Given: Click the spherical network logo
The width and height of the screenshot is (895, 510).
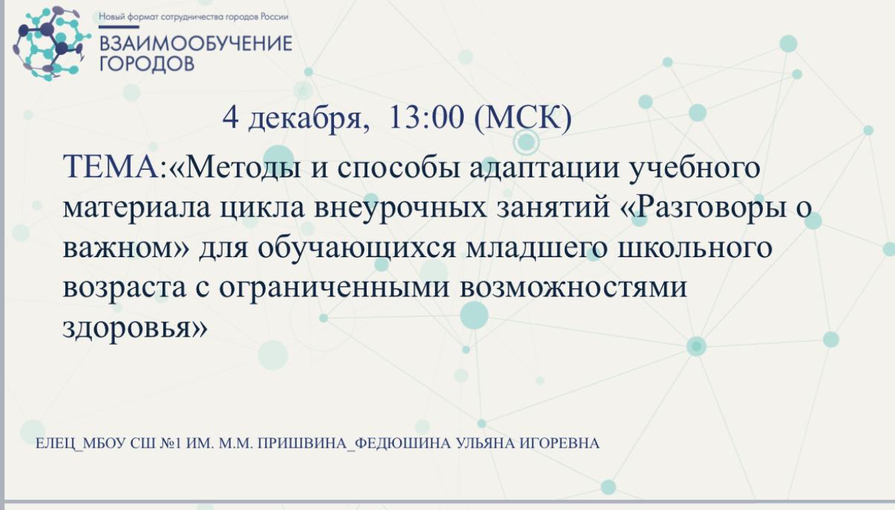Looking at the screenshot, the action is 51,43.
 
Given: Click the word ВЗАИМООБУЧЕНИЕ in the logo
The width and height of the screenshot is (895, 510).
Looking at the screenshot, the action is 196,44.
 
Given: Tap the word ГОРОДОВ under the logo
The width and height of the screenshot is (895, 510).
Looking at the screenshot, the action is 147,64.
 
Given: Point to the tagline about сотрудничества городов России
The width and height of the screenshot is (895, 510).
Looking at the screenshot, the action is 194,17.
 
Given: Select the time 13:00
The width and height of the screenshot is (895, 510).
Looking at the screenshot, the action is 426,117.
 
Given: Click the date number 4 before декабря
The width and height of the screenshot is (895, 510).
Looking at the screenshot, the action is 231,118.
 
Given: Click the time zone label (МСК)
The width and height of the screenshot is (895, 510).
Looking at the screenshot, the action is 522,119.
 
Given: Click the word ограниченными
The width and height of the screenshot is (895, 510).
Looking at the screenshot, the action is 335,288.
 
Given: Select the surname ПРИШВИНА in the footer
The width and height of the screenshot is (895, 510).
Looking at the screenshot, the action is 302,444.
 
